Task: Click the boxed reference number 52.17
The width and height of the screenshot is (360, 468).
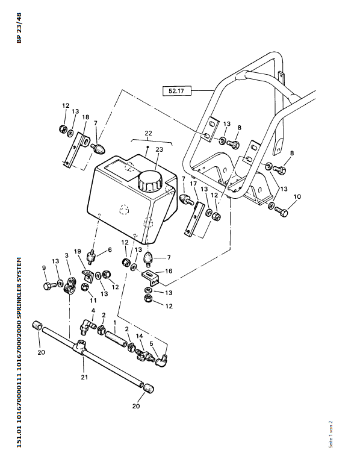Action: (176, 91)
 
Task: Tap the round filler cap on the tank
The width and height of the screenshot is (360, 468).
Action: (149, 181)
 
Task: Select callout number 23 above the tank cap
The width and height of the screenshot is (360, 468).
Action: (160, 149)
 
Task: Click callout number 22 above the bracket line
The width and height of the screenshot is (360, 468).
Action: (148, 133)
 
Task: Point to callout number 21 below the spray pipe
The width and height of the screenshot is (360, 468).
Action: (84, 377)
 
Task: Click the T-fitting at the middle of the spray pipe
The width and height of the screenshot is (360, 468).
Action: (81, 347)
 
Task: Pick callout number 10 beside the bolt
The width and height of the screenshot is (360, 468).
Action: (297, 197)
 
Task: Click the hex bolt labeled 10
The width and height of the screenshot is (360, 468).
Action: (281, 211)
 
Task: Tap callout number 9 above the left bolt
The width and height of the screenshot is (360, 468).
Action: (44, 267)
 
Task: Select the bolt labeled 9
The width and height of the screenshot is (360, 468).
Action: (49, 286)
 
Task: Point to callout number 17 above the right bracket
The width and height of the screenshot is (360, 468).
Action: (193, 183)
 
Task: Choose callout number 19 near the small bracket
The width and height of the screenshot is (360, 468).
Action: (77, 251)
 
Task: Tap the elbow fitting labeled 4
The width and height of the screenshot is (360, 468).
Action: (87, 326)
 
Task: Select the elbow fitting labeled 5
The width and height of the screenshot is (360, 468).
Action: (162, 361)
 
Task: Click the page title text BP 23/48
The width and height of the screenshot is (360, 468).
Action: (19, 28)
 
